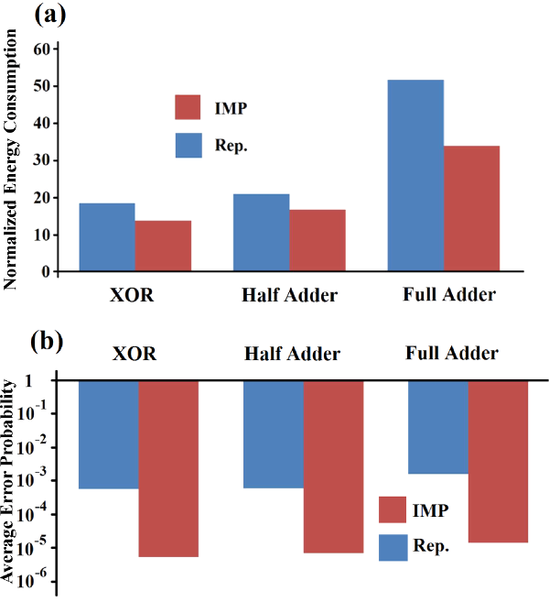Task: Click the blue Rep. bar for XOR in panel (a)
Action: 106,237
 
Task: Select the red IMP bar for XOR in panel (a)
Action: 164,246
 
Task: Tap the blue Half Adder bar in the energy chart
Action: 261,233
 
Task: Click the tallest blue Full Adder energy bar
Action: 415,175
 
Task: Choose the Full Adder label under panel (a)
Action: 448,296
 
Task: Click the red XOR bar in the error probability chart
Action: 168,468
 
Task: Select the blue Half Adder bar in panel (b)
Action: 273,434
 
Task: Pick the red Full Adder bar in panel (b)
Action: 499,461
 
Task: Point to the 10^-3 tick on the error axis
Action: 40,480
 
